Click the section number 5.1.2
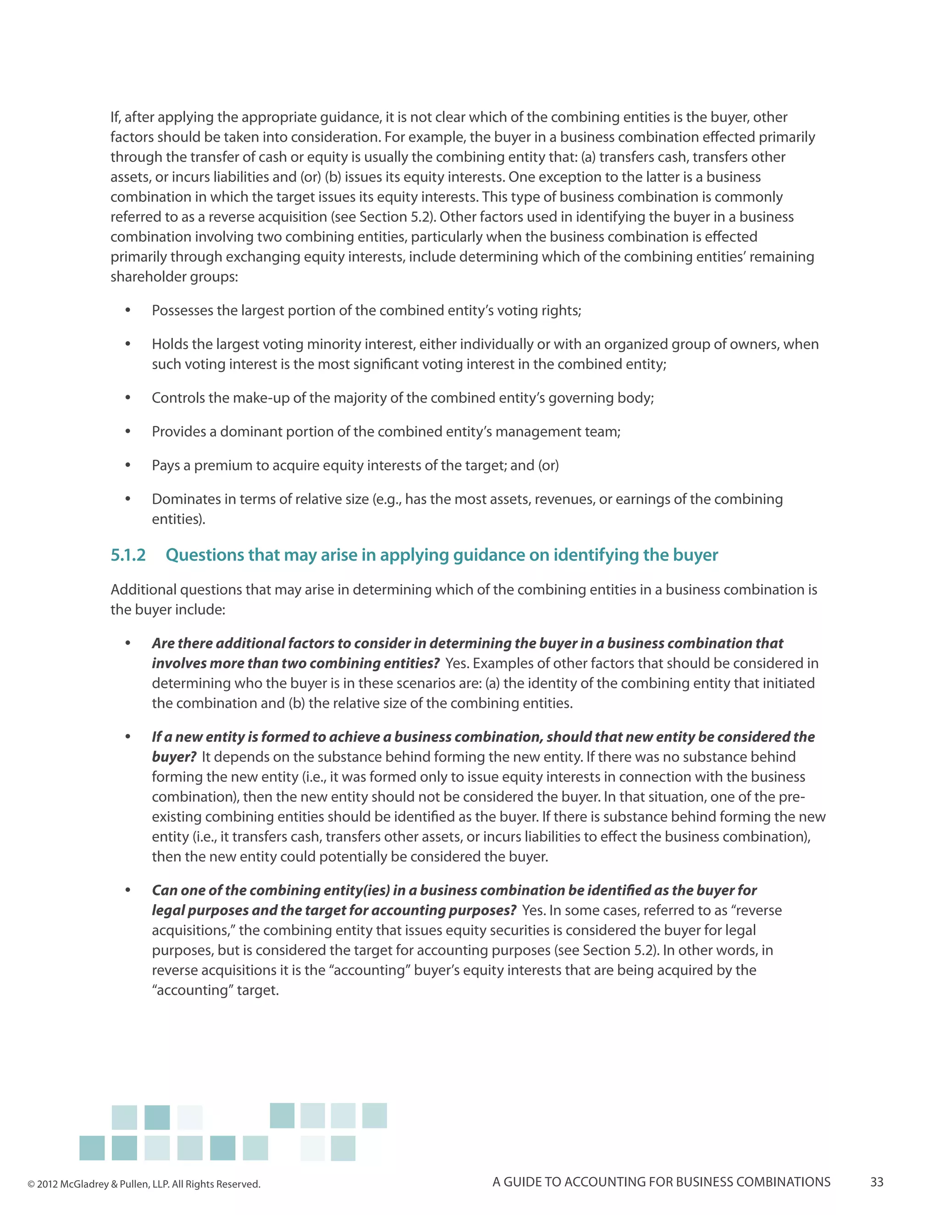[x=128, y=555]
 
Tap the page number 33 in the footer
[x=877, y=1182]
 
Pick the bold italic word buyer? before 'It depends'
[x=174, y=757]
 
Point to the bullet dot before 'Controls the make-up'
[x=128, y=398]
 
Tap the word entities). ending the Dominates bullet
[x=178, y=519]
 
